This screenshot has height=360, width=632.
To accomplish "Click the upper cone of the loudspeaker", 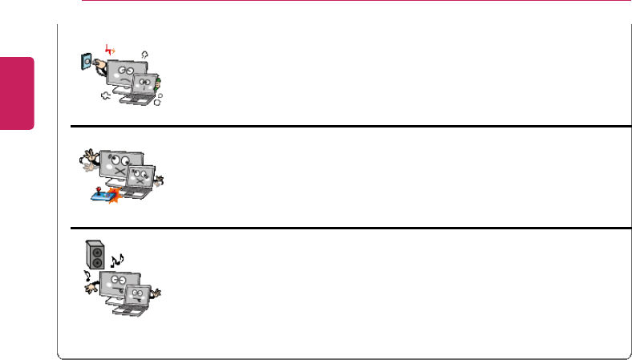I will pyautogui.click(x=96, y=252).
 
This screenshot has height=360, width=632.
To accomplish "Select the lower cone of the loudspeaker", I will pyautogui.click(x=96, y=263).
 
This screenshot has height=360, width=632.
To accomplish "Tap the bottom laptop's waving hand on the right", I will pyautogui.click(x=158, y=293).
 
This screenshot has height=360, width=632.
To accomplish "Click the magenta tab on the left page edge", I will pyautogui.click(x=17, y=92).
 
